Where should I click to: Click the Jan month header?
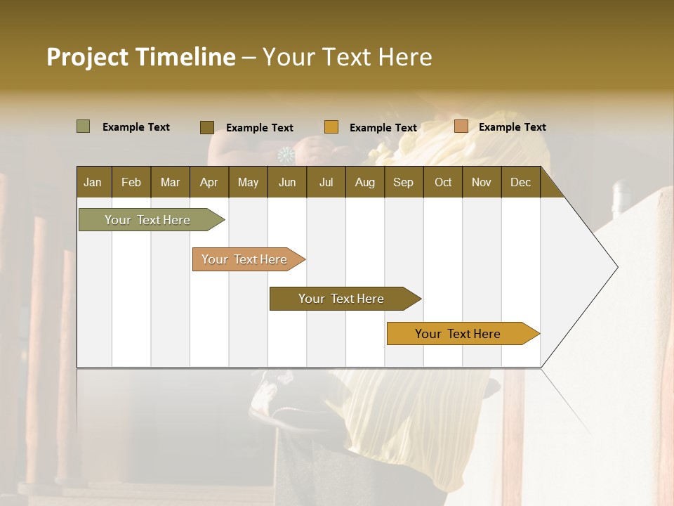pyautogui.click(x=93, y=182)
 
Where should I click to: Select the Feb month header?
pyautogui.click(x=131, y=182)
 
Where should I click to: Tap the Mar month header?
pyautogui.click(x=170, y=182)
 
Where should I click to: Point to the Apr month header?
pyautogui.click(x=209, y=182)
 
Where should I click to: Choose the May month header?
pyautogui.click(x=248, y=182)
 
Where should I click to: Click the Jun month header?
pyautogui.click(x=287, y=182)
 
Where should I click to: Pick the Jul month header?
pyautogui.click(x=326, y=182)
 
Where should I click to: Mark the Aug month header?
pyautogui.click(x=365, y=182)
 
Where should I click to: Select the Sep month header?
pyautogui.click(x=404, y=182)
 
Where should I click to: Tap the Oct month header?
pyautogui.click(x=443, y=182)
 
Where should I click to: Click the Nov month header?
pyautogui.click(x=482, y=182)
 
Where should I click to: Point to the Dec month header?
pyautogui.click(x=520, y=182)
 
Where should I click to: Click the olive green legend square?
pyautogui.click(x=84, y=126)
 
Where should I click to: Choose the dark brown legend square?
pyautogui.click(x=207, y=127)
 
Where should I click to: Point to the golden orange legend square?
pyautogui.click(x=331, y=127)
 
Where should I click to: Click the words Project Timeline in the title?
pyautogui.click(x=141, y=57)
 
